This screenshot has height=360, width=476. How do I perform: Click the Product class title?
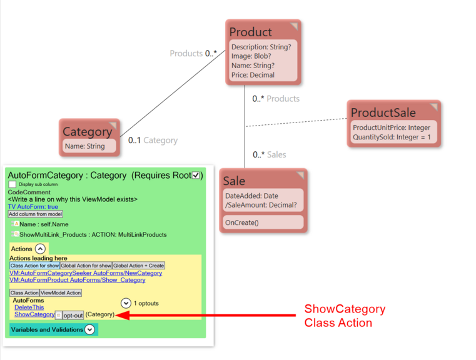pyautogui.click(x=251, y=32)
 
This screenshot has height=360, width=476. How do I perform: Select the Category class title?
pyautogui.click(x=87, y=132)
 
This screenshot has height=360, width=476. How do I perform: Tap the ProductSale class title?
pyautogui.click(x=383, y=112)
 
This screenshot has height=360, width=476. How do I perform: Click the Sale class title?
pyautogui.click(x=235, y=181)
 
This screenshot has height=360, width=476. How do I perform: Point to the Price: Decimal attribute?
pyautogui.click(x=253, y=75)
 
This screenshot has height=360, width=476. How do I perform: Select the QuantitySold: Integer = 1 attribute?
pyautogui.click(x=392, y=137)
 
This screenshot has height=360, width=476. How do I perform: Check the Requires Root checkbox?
pyautogui.click(x=196, y=176)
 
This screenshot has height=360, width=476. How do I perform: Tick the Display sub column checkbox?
pyautogui.click(x=13, y=184)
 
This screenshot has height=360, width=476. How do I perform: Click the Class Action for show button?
pyautogui.click(x=34, y=266)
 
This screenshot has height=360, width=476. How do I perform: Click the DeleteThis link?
pyautogui.click(x=29, y=307)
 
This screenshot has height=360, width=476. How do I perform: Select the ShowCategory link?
pyautogui.click(x=34, y=314)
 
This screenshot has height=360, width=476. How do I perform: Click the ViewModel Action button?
pyautogui.click(x=61, y=292)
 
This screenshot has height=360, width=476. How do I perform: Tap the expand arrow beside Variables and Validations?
pyautogui.click(x=90, y=329)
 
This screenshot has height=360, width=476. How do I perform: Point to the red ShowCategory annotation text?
pyautogui.click(x=345, y=309)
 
